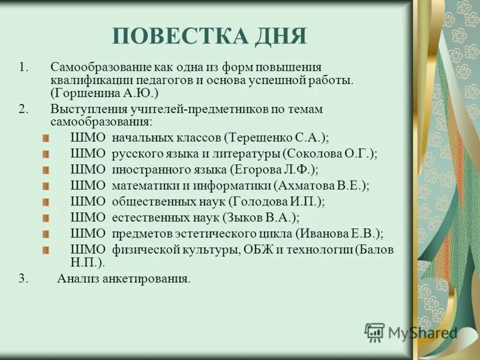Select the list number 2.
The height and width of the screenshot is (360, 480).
tap(23, 109)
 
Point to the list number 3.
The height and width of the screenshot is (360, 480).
tap(23, 278)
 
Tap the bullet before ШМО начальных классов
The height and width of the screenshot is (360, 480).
tap(46, 139)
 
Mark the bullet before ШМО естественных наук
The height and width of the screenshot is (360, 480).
tap(46, 218)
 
